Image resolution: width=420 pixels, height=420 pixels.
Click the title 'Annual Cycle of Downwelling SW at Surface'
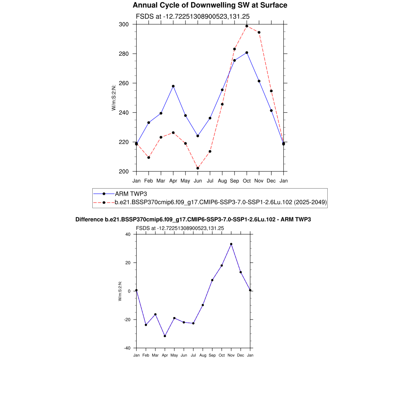click(210, 5)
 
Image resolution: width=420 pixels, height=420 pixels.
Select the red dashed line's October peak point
click(247, 26)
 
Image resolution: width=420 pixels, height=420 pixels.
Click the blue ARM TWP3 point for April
click(173, 86)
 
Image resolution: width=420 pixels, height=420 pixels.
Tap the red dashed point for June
click(198, 168)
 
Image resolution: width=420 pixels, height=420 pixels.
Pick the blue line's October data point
click(247, 52)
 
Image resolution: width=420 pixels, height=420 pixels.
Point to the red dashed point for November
click(259, 32)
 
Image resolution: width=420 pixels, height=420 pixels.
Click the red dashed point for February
click(148, 157)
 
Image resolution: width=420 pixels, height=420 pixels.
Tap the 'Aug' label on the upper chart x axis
click(222, 180)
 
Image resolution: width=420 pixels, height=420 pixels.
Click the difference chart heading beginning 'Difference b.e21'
click(193, 220)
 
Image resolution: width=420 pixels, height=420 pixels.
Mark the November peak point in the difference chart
click(231, 244)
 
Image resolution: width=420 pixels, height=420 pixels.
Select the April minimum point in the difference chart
click(165, 336)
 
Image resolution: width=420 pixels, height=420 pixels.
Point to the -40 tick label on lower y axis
click(127, 348)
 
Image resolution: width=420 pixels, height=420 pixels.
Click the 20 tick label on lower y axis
click(128, 263)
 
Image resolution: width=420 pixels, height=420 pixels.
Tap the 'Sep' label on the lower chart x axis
click(212, 355)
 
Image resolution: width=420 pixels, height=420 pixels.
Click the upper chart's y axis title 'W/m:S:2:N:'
click(114, 98)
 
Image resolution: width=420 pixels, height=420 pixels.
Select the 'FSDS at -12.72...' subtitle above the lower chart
click(180, 228)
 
